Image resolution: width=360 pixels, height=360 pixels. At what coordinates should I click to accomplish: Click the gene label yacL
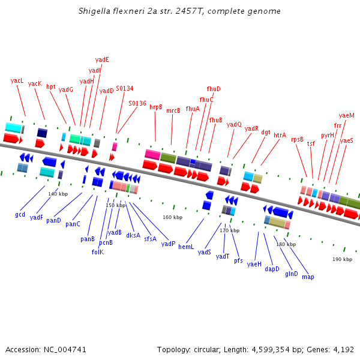coord(17,80)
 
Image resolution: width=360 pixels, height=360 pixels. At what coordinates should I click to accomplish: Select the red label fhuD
coord(214,89)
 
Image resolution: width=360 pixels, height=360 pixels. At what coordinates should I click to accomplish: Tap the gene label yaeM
coord(346,115)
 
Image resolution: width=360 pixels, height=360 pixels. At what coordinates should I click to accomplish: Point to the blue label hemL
coord(186,247)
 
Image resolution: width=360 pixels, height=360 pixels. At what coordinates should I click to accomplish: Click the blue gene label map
coord(308,277)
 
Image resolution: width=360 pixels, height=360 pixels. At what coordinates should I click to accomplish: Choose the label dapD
coord(272,269)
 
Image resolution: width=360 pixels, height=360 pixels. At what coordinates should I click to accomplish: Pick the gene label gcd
coord(20,214)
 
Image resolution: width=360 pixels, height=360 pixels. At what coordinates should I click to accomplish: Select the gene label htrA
coord(280,136)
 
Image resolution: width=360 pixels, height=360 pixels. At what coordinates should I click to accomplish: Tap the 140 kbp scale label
coord(58,194)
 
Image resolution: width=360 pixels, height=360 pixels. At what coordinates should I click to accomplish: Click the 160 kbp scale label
coord(172,217)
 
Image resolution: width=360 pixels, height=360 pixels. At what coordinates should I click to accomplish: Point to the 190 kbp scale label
coord(342,259)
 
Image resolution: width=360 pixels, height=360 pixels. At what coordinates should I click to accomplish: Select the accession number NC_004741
coord(66,349)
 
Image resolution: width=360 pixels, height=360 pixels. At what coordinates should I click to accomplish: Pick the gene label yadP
coord(168,244)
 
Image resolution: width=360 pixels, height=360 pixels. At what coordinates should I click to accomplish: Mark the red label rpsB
coord(297,139)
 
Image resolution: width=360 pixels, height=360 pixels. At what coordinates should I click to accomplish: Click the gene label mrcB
coord(173,110)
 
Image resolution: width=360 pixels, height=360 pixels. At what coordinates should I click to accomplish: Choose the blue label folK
coord(97,252)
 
